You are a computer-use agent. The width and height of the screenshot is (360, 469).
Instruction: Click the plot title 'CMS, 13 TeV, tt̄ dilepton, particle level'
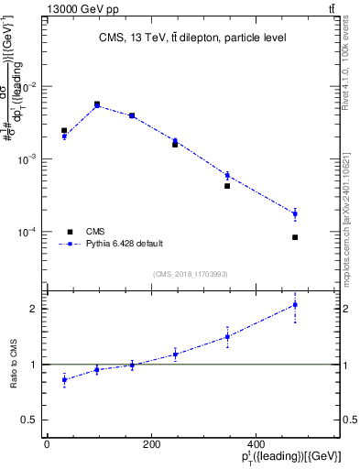click(x=192, y=38)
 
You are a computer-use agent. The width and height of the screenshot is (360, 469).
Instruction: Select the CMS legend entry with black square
click(x=95, y=232)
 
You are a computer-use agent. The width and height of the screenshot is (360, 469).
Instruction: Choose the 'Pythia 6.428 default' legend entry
click(x=124, y=244)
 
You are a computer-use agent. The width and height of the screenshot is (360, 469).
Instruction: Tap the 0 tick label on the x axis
click(x=47, y=443)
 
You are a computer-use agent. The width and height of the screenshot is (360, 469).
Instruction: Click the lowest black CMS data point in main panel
click(x=295, y=237)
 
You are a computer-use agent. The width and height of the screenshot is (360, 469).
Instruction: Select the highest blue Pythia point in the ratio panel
click(x=295, y=305)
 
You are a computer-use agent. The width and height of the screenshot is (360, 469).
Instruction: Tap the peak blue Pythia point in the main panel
click(x=97, y=105)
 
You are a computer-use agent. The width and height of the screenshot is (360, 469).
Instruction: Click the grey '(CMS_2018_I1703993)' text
click(x=191, y=273)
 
